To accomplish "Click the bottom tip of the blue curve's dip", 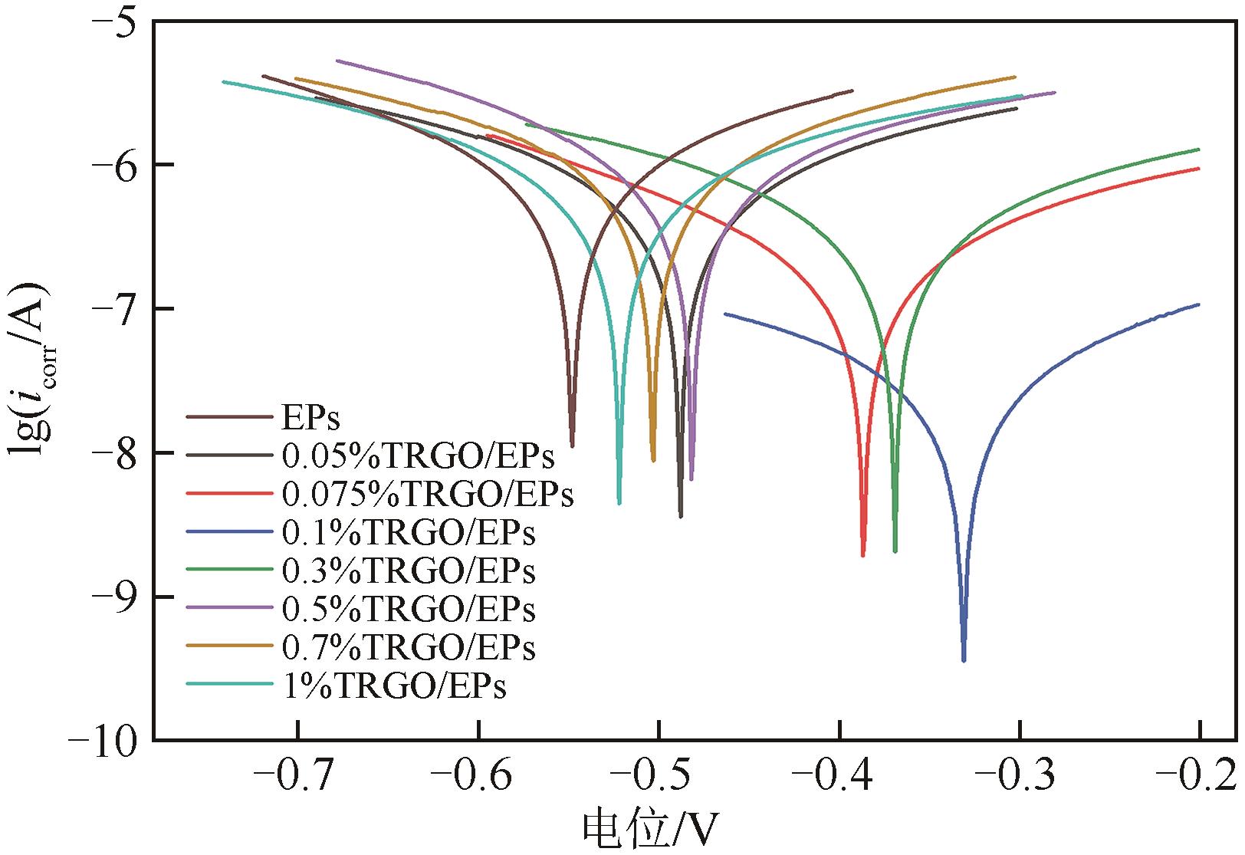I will click(x=964, y=660).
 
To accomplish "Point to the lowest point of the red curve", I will click(x=863, y=555).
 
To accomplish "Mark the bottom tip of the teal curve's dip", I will click(x=619, y=503).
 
